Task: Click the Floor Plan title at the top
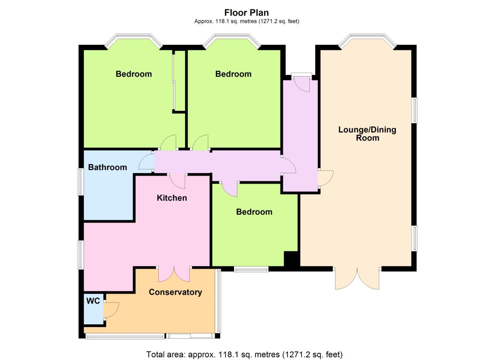pos(246,13)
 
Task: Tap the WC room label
pos(93,301)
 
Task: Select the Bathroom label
pos(107,167)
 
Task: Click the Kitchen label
pos(172,198)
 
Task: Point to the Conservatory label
pos(175,292)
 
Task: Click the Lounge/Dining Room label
pos(367,134)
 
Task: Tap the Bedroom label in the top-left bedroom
pos(134,74)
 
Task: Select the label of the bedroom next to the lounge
pos(254,212)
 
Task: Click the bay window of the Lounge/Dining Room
pos(367,39)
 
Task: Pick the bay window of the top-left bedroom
pos(133,39)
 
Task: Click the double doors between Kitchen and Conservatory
pos(174,274)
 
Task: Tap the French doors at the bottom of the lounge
pos(357,279)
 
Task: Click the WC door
pos(111,310)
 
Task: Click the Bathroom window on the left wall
pos(80,181)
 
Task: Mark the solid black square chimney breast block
pos(290,259)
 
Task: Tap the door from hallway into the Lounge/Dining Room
pos(325,178)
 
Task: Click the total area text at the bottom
pos(244,354)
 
